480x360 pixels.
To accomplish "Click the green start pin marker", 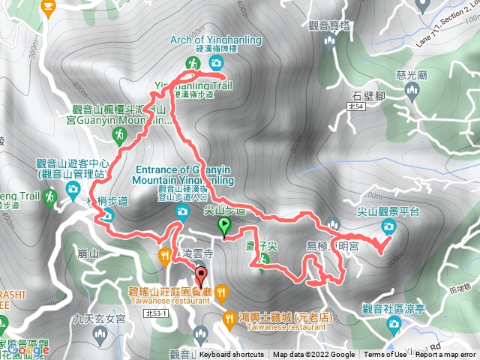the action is (223, 225).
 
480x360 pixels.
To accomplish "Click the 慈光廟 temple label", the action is (411, 75).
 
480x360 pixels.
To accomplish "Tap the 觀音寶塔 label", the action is (329, 25).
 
